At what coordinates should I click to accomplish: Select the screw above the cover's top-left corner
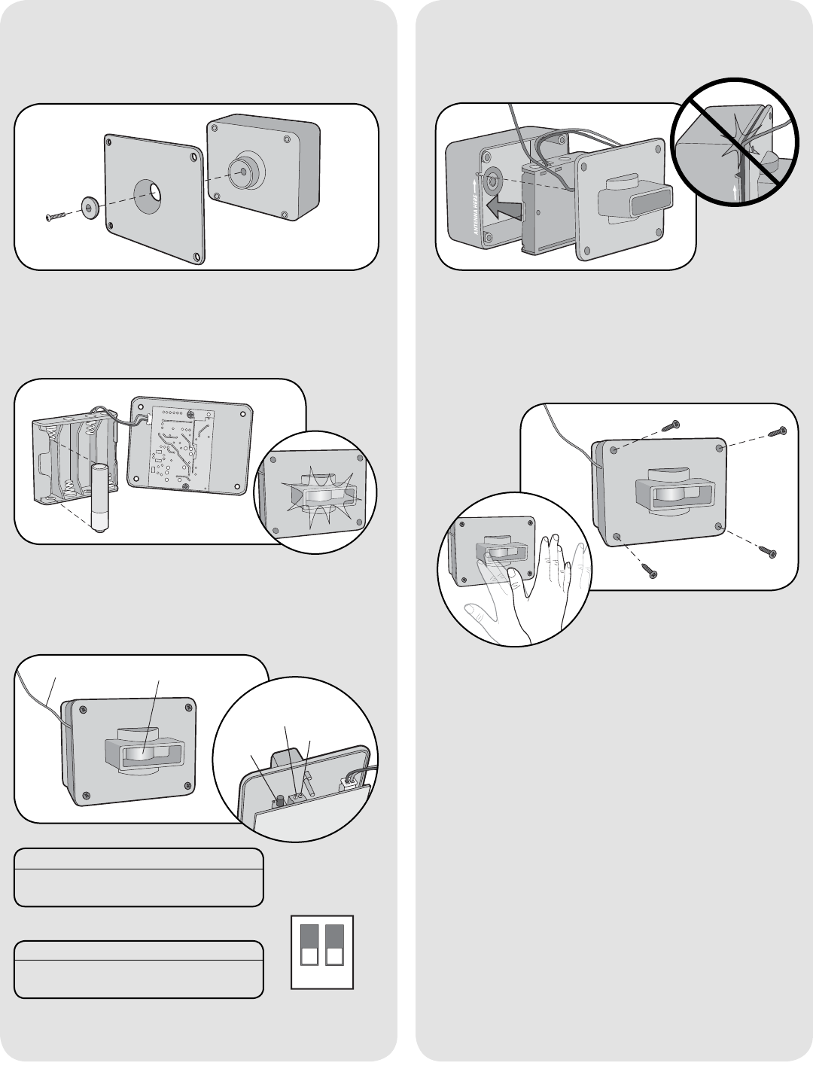pyautogui.click(x=670, y=427)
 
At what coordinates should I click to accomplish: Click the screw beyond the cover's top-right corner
pyautogui.click(x=777, y=432)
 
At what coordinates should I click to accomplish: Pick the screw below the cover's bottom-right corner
pyautogui.click(x=769, y=552)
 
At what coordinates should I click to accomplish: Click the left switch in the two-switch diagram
pyautogui.click(x=309, y=945)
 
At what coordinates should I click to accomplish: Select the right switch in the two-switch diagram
pyautogui.click(x=335, y=945)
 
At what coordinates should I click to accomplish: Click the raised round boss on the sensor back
pyautogui.click(x=245, y=170)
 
